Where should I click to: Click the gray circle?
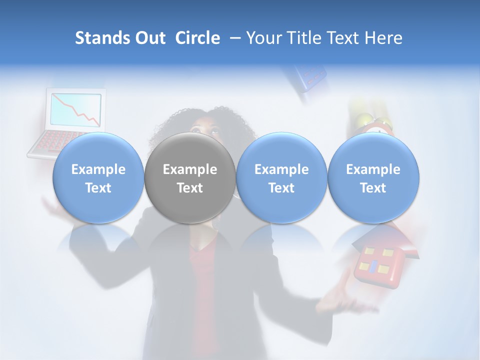[189, 178]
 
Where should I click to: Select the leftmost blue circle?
[98, 178]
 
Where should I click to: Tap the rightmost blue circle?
[373, 178]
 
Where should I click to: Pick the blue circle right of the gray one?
[281, 178]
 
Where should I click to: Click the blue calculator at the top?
[306, 77]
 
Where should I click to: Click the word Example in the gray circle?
[189, 169]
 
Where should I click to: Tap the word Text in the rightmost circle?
[373, 188]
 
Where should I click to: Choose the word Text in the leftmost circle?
[98, 188]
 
